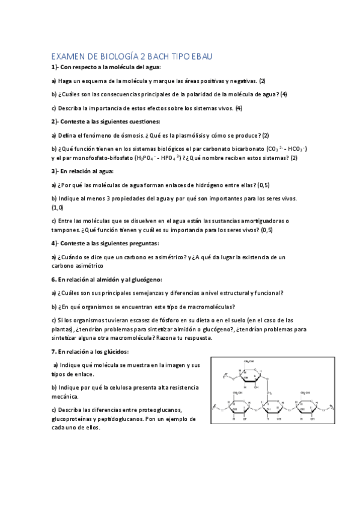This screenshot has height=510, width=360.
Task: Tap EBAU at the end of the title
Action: [198, 56]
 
